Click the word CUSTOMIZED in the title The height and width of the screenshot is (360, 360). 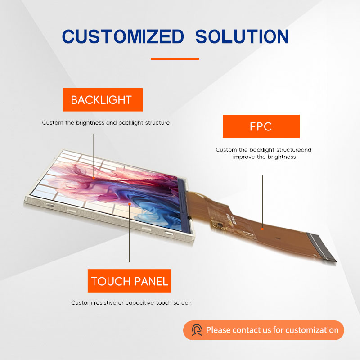[123, 36]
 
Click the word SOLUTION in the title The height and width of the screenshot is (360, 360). [242, 36]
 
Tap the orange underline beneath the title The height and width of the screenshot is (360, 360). [175, 59]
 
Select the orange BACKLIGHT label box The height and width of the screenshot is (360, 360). [103, 100]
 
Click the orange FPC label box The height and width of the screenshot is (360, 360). [261, 126]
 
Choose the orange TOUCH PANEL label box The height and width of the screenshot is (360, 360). [129, 280]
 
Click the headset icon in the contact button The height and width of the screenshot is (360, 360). [197, 330]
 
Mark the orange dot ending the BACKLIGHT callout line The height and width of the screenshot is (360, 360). [94, 178]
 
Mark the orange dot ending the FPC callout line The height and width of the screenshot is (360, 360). [262, 229]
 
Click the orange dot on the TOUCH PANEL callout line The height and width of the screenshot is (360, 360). [130, 204]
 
